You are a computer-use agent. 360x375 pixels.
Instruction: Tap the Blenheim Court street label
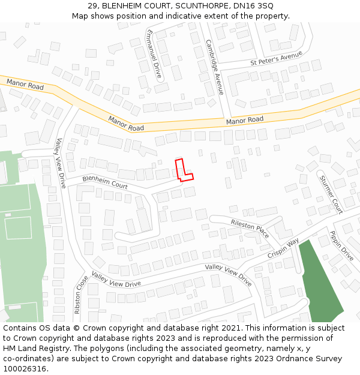pyautogui.click(x=105, y=182)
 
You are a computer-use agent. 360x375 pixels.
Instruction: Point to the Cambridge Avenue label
pyautogui.click(x=214, y=67)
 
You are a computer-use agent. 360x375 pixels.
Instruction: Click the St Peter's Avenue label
pyautogui.click(x=276, y=58)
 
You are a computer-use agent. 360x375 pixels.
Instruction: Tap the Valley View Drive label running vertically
pyautogui.click(x=60, y=163)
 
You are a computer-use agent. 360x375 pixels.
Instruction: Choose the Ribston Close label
pyautogui.click(x=81, y=294)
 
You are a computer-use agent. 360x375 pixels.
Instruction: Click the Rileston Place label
pyautogui.click(x=250, y=228)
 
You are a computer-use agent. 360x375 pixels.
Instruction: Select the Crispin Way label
pyautogui.click(x=284, y=248)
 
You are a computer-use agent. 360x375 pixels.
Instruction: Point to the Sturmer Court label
pyautogui.click(x=331, y=194)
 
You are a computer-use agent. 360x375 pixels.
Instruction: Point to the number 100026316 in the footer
pyautogui.click(x=26, y=368)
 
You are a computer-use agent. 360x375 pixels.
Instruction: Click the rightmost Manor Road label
pyautogui.click(x=245, y=121)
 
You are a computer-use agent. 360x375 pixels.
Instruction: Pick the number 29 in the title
pyautogui.click(x=92, y=5)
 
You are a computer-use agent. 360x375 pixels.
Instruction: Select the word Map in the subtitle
pyautogui.click(x=81, y=16)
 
